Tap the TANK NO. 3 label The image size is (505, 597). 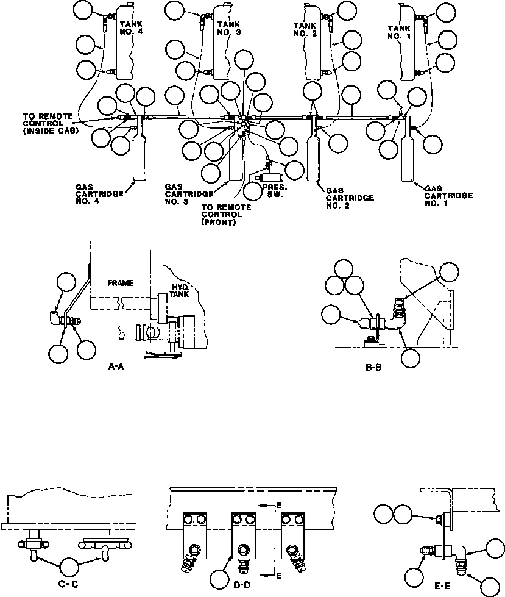tap(229, 28)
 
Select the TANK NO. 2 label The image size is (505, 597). tap(305, 30)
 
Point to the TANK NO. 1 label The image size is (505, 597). tap(399, 32)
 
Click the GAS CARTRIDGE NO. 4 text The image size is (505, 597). tap(100, 194)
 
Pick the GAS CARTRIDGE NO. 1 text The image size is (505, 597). tap(449, 196)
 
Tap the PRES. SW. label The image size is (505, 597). tap(275, 191)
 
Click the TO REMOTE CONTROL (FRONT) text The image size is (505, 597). tap(226, 215)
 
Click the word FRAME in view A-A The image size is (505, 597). tap(121, 284)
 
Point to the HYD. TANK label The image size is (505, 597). tap(180, 290)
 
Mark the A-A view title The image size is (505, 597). tap(116, 366)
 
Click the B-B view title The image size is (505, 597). tap(373, 368)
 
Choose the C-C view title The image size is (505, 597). tap(69, 584)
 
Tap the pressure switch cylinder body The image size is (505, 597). tap(270, 177)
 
